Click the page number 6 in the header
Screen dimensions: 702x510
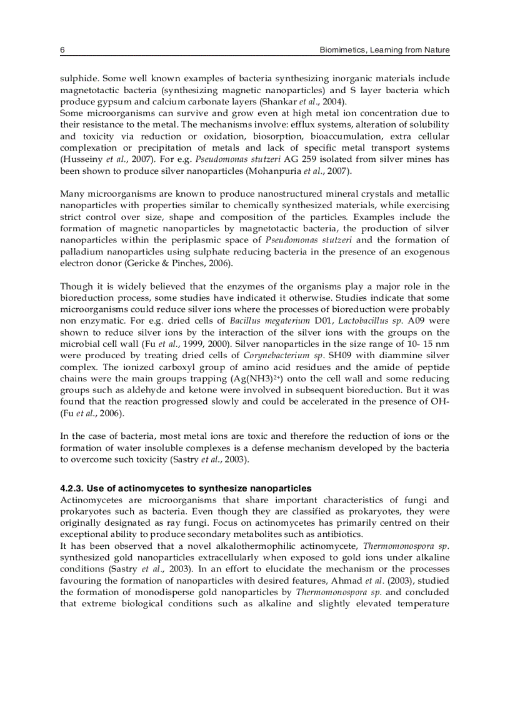click(x=62, y=50)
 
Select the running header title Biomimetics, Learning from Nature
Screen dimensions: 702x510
click(x=384, y=50)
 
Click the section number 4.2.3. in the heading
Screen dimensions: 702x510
click(x=72, y=488)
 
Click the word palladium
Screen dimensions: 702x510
click(x=81, y=252)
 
